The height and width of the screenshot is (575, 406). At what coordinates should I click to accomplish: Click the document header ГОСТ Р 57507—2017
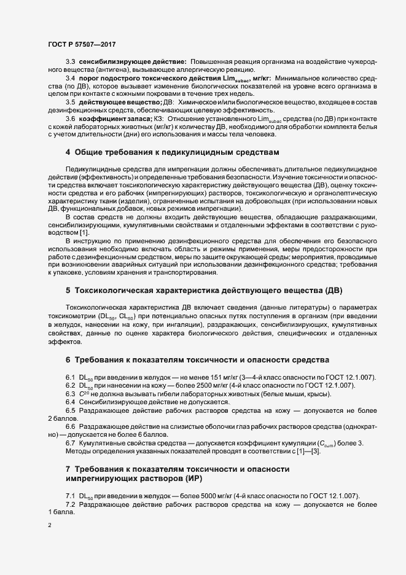pyautogui.click(x=81, y=44)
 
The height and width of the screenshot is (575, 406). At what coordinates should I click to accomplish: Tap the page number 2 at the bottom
pyautogui.click(x=50, y=525)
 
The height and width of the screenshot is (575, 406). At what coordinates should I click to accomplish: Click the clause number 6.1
pyautogui.click(x=71, y=377)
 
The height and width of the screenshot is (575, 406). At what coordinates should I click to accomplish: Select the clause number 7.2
pyautogui.click(x=71, y=504)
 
